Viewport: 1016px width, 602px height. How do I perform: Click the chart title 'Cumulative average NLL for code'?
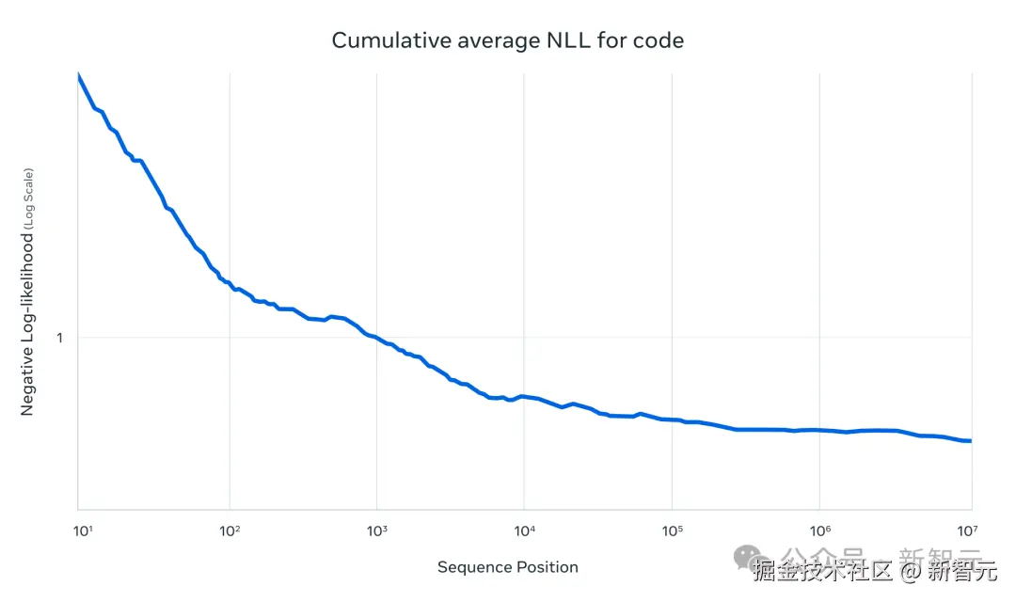[507, 40]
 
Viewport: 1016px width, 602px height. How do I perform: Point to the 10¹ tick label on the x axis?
[83, 531]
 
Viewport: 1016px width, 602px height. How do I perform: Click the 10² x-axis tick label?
[230, 531]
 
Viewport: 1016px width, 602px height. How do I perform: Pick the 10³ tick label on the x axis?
[376, 531]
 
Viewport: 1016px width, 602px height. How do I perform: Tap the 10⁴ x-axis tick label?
[524, 531]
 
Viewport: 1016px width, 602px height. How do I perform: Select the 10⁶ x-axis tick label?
[819, 531]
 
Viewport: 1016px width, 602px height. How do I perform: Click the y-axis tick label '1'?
[59, 337]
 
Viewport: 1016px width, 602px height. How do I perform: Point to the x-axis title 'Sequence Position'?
[507, 567]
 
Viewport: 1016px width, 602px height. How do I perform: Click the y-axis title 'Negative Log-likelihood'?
[27, 320]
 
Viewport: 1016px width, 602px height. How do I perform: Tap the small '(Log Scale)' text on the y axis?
[28, 198]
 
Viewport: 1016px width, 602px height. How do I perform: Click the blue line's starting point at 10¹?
[78, 74]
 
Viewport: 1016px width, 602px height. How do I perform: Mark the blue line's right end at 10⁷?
[970, 440]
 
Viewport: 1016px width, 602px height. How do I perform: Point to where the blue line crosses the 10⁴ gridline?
[524, 396]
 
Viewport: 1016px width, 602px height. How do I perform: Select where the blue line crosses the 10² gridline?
[230, 283]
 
